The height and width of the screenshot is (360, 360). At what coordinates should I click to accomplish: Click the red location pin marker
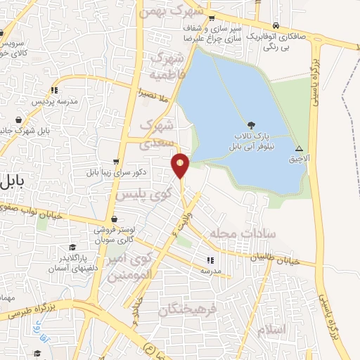pyautogui.click(x=181, y=165)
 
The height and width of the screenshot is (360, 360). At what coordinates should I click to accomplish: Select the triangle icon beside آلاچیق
pyautogui.click(x=299, y=148)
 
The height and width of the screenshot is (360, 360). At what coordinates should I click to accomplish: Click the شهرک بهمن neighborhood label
pyautogui.click(x=181, y=12)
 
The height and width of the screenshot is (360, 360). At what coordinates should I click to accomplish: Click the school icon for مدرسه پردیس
pyautogui.click(x=54, y=90)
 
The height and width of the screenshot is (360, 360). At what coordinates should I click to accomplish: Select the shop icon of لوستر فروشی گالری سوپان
pyautogui.click(x=114, y=219)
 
